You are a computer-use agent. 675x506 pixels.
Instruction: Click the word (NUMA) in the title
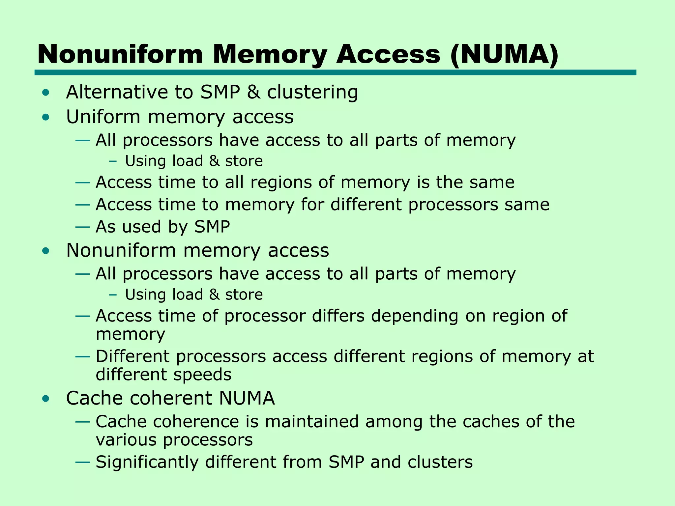pyautogui.click(x=504, y=54)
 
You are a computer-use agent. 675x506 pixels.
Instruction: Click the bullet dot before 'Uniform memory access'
pyautogui.click(x=46, y=117)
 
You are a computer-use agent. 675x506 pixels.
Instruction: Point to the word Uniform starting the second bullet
pyautogui.click(x=103, y=117)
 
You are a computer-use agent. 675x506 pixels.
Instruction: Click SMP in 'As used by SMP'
pyautogui.click(x=212, y=227)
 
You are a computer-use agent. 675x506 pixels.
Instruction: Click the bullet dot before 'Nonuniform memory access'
pyautogui.click(x=46, y=251)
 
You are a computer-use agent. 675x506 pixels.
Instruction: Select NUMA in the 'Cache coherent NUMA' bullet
pyautogui.click(x=247, y=398)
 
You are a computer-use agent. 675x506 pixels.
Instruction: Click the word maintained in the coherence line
pyautogui.click(x=311, y=422)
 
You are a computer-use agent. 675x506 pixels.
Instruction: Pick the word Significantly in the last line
pyautogui.click(x=147, y=462)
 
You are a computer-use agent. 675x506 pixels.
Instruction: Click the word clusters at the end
pyautogui.click(x=440, y=462)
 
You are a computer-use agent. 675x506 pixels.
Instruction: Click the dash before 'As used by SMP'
pyautogui.click(x=82, y=227)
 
